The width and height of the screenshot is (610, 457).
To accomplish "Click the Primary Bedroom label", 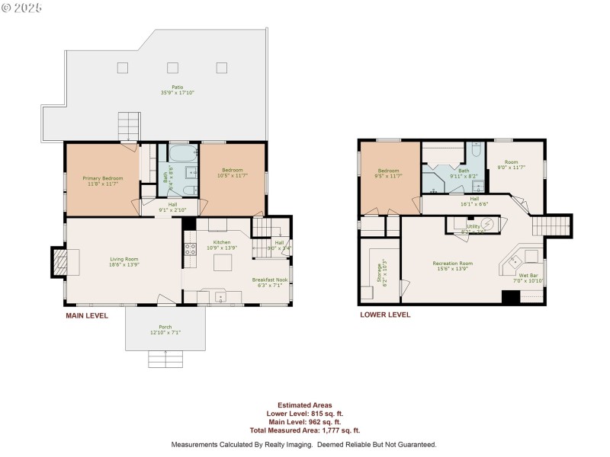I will coord(102,178).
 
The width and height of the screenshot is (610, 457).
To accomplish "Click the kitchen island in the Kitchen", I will coord(222,264).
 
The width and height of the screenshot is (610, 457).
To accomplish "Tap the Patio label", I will coord(177,87).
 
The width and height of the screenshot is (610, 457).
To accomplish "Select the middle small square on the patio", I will coord(172,67).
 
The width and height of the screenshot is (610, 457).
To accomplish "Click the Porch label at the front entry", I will coord(165,328).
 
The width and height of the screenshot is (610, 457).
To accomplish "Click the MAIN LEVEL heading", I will coord(87,315).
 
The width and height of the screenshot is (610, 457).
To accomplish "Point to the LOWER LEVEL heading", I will coord(385,314).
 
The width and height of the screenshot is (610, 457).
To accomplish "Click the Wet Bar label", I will coord(529,275).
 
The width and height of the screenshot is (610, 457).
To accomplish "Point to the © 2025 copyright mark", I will coord(22,8).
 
